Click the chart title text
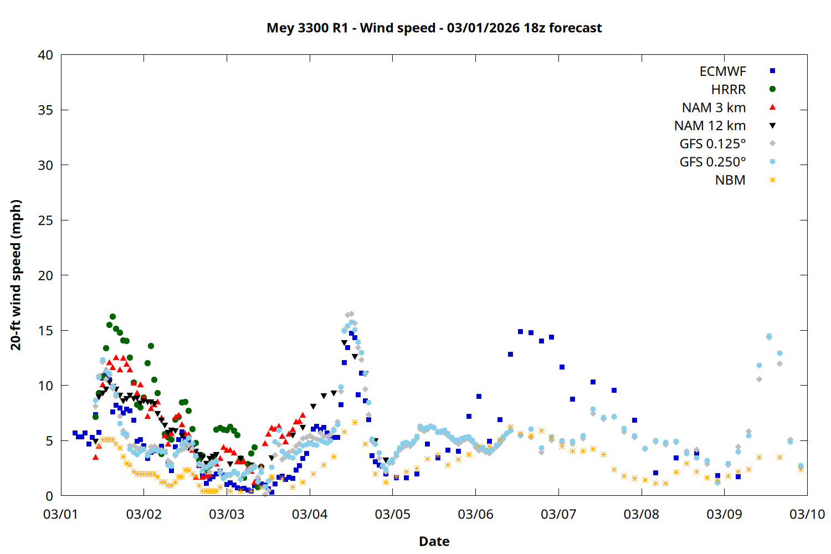434,28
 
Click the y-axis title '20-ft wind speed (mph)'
16,275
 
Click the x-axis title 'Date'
434,541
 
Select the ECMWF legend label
722,71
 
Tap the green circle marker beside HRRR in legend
772,89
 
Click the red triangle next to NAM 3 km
772,107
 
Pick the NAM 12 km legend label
710,126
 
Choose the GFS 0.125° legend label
712,144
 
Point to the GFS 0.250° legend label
712,162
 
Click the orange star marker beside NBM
772,180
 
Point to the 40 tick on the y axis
45,55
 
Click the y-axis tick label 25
45,220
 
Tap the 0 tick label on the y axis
49,496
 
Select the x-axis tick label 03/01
61,514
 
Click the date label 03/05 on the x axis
392,514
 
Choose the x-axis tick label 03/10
807,514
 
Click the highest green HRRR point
112,317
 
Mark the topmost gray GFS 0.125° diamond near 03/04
351,314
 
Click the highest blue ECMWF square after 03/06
520,331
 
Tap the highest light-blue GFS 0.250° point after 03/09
769,336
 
